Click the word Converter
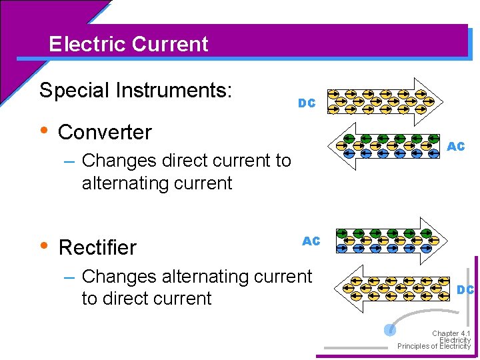point(105,132)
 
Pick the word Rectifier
point(97,247)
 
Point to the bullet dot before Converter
point(44,129)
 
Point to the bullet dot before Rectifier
point(44,245)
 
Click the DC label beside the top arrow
point(307,103)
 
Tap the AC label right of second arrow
point(456,146)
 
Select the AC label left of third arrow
point(311,241)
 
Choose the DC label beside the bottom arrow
point(465,289)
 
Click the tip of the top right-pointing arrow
point(441,99)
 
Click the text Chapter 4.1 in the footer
point(451,333)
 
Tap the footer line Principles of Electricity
point(434,347)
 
